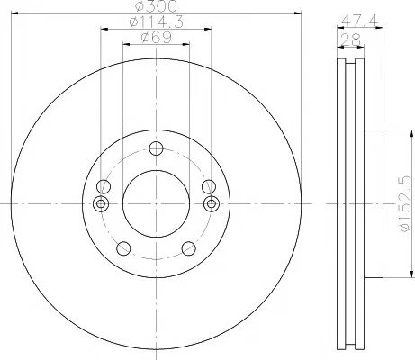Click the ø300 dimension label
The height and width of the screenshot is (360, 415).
pos(156,6)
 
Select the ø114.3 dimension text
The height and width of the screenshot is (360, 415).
pos(156,22)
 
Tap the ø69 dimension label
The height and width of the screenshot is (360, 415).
pos(156,38)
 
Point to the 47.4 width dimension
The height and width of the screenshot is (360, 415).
pos(360,21)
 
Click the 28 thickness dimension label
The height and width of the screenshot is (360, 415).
pos(350,40)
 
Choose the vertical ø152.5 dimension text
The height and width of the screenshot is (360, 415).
pos(404,203)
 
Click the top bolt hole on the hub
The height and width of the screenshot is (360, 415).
pos(156,148)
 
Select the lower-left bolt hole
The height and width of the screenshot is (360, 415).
pos(123,248)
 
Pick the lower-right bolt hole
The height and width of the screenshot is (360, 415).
pos(189,248)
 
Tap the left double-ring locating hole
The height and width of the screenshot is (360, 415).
pos(101,204)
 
